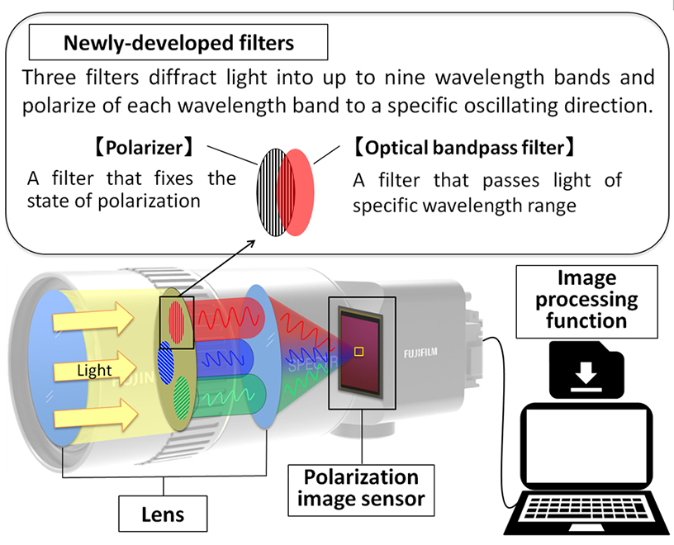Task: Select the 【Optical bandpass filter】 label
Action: (x=463, y=149)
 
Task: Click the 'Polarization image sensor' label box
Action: (x=360, y=488)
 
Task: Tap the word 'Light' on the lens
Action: (x=94, y=371)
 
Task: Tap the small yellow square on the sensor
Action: (x=358, y=353)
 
